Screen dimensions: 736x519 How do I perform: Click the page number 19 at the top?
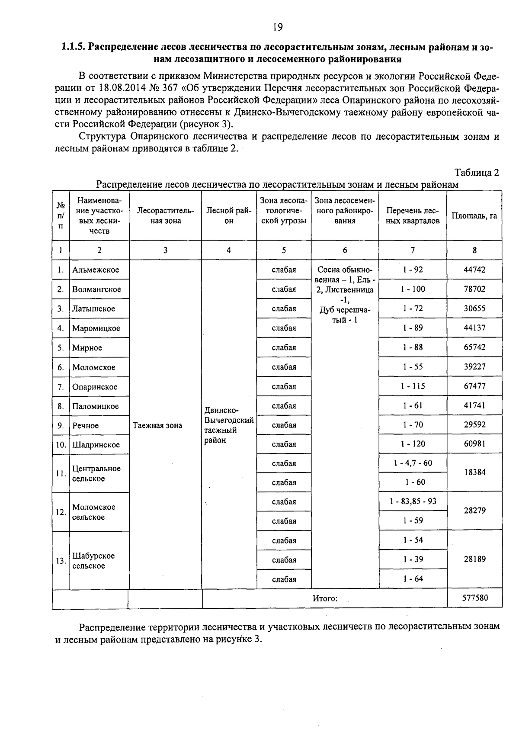pos(277,28)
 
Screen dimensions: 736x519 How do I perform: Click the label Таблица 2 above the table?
pos(477,172)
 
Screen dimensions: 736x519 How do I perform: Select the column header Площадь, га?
pos(474,215)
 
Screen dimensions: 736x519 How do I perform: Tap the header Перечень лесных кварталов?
pos(413,215)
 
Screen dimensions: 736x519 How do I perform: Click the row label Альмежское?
pos(96,270)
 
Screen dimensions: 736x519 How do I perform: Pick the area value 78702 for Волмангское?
pos(474,289)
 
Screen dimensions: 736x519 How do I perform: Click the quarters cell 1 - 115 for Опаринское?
pos(413,386)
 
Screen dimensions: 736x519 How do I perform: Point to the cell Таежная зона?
pos(157,425)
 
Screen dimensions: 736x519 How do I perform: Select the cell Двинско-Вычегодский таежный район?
pos(229,425)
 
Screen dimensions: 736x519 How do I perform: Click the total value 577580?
pos(474,598)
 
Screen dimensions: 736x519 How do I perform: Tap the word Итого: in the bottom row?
pos(324,598)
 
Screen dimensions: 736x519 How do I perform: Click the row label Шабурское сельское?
pos(93,561)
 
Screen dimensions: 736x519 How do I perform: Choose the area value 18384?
pos(474,472)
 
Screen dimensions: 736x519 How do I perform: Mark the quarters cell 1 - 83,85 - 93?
pos(413,501)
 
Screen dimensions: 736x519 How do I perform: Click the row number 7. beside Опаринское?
pos(61,387)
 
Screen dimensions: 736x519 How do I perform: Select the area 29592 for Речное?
pos(474,425)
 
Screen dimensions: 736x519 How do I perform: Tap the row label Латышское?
pos(93,309)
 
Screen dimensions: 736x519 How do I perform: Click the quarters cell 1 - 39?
pos(413,559)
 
